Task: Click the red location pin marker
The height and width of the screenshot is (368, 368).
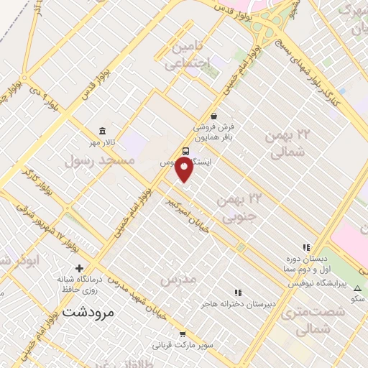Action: [x=185, y=169]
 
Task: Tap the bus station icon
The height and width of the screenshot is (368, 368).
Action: [x=186, y=152]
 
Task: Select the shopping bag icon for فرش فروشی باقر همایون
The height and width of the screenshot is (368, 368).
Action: [x=213, y=116]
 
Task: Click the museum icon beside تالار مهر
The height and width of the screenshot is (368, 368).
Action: [x=103, y=132]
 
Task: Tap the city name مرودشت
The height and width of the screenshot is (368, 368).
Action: [x=88, y=312]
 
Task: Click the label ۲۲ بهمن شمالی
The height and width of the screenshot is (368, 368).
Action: [x=286, y=143]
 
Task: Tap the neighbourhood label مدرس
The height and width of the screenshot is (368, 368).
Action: [x=178, y=278]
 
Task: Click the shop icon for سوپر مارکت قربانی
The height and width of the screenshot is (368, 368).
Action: [x=183, y=333]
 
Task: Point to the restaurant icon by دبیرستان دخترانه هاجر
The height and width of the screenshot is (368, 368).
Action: [x=238, y=293]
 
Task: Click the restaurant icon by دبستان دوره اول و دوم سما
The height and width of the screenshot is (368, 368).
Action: [x=305, y=248]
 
